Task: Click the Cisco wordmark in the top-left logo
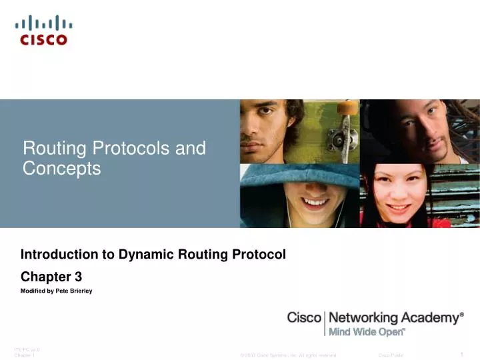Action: click(x=43, y=39)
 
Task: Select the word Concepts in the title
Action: click(x=61, y=169)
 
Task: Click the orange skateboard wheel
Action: click(x=346, y=107)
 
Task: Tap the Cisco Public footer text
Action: click(x=391, y=356)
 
